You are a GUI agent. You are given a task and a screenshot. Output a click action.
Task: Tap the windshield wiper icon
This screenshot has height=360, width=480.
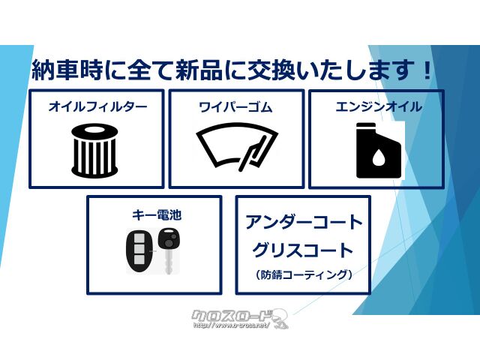[235, 147]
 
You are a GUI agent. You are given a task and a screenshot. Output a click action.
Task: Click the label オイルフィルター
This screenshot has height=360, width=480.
[97, 107]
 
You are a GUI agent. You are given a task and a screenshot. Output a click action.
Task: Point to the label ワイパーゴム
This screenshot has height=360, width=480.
[235, 107]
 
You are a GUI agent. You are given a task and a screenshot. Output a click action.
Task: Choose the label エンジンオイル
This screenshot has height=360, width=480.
[378, 106]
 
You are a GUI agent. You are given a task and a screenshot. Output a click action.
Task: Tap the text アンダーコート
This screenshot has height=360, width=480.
[304, 223]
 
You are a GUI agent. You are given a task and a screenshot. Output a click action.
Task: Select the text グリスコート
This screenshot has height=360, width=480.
[304, 250]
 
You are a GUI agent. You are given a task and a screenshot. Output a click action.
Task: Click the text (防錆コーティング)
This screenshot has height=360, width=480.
[304, 275]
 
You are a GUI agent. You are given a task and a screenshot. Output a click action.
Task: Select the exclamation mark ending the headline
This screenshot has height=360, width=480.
[427, 71]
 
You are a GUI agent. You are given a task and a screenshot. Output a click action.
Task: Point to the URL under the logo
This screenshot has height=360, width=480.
[228, 326]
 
